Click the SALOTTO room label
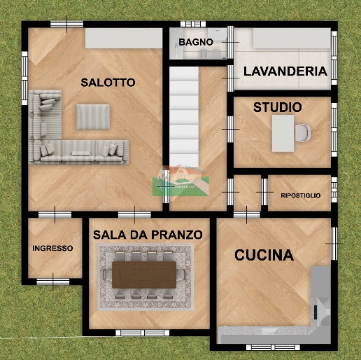[108, 82]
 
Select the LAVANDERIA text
[285, 71]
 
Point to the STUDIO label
[278, 107]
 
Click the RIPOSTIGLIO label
[300, 195]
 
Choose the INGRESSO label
[52, 248]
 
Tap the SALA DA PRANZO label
[148, 234]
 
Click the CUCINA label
[264, 255]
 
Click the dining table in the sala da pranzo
[145, 274]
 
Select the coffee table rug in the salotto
[93, 116]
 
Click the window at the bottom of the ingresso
[53, 282]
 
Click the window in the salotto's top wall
[58, 25]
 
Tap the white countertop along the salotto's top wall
[125, 39]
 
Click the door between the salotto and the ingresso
[55, 213]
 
